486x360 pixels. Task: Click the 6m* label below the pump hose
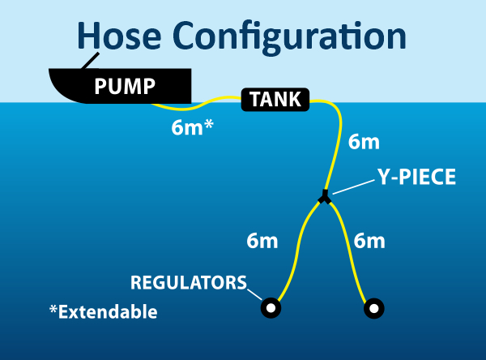pyautogui.click(x=192, y=127)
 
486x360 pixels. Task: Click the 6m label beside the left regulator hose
pyautogui.click(x=262, y=240)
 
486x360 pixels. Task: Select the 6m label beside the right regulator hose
pyautogui.click(x=369, y=240)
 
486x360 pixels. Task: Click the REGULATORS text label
pyautogui.click(x=188, y=283)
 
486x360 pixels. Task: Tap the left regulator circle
pyautogui.click(x=270, y=308)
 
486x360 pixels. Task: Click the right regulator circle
pyautogui.click(x=373, y=308)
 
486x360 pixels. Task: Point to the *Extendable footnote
pyautogui.click(x=103, y=311)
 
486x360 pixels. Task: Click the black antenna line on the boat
pyautogui.click(x=88, y=61)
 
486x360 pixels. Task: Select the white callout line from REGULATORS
pyautogui.click(x=255, y=293)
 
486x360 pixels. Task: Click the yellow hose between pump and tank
pyautogui.click(x=215, y=101)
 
